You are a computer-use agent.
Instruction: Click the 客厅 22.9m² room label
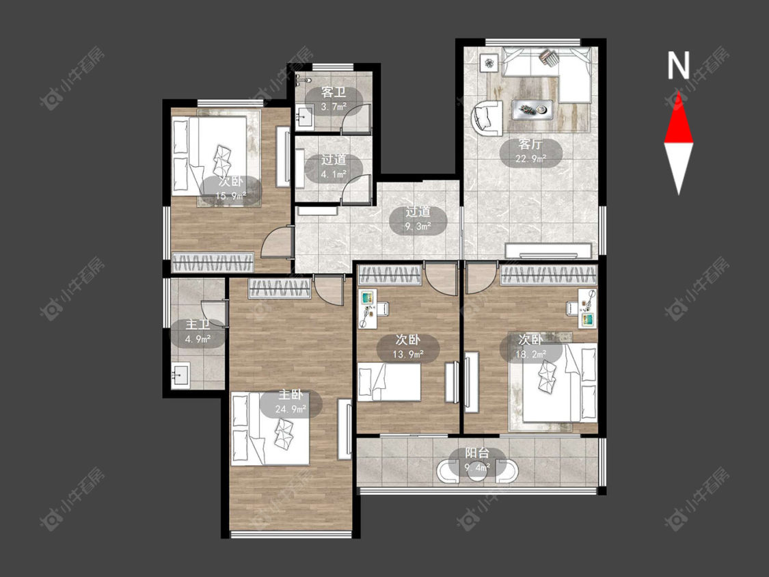click(530, 152)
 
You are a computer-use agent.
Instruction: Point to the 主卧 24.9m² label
click(291, 403)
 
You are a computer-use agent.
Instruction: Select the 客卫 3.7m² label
click(334, 100)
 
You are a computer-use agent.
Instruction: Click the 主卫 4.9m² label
click(198, 332)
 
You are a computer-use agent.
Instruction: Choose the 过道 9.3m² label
click(418, 219)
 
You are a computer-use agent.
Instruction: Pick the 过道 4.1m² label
click(334, 167)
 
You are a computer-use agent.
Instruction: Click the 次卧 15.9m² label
click(230, 189)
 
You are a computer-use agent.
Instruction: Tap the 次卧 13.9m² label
click(408, 347)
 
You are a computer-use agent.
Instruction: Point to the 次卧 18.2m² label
click(530, 347)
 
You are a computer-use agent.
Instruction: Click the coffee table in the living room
click(532, 109)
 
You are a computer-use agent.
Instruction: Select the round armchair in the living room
click(487, 118)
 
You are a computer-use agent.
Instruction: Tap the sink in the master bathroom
click(181, 376)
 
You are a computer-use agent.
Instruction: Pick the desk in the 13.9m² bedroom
click(369, 309)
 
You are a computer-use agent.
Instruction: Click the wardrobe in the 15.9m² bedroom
click(213, 263)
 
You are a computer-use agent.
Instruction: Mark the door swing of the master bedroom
click(328, 291)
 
